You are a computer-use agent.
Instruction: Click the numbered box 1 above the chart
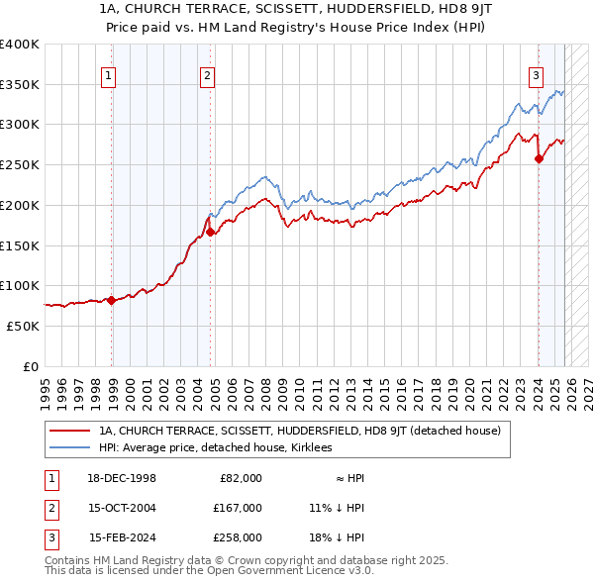tap(107, 74)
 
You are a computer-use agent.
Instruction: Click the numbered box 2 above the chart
tap(207, 74)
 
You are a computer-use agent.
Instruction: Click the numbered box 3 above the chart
tap(536, 74)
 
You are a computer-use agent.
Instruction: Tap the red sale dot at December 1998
tap(111, 300)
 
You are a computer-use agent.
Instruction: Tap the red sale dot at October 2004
tap(211, 233)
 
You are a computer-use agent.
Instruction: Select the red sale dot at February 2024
tap(539, 158)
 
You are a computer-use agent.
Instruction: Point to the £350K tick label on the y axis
tap(20, 84)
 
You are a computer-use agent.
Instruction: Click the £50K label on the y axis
tap(24, 326)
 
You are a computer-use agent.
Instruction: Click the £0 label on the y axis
tap(31, 366)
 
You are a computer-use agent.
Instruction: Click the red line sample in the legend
tap(69, 431)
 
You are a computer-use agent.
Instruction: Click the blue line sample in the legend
tap(69, 447)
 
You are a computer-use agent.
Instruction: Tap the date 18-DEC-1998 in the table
tap(122, 478)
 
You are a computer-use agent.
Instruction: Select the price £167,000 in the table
tap(238, 508)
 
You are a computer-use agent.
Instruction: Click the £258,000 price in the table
tap(238, 537)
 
